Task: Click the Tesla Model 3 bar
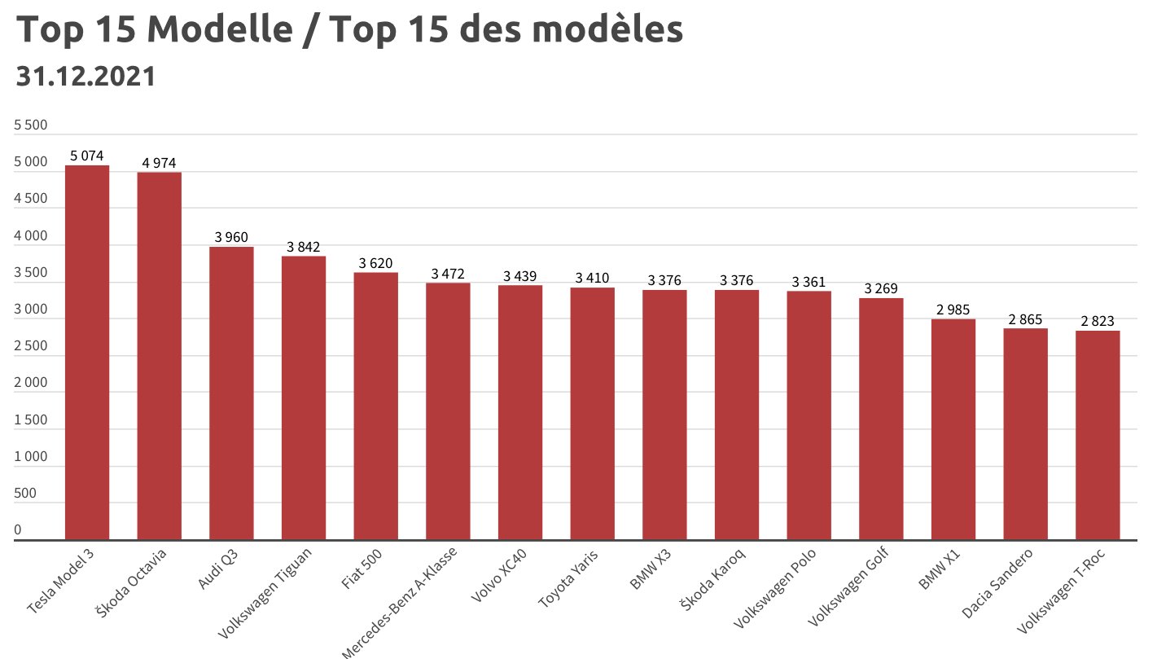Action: [x=87, y=352]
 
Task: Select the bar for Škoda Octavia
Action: [x=159, y=355]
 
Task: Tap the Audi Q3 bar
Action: [x=231, y=393]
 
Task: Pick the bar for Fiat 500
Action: [x=375, y=406]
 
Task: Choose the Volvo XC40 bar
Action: [x=519, y=412]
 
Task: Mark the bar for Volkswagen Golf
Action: [x=881, y=419]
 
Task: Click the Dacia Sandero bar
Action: [x=1025, y=433]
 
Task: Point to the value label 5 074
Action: [x=87, y=156]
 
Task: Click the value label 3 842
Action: [x=303, y=247]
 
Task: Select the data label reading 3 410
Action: [x=592, y=279]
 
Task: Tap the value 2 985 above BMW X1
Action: [x=953, y=310]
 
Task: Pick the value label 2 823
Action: [x=1097, y=321]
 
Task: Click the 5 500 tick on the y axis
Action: [x=31, y=125]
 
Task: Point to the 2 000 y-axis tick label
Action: [x=31, y=383]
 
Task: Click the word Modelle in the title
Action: [x=225, y=30]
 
